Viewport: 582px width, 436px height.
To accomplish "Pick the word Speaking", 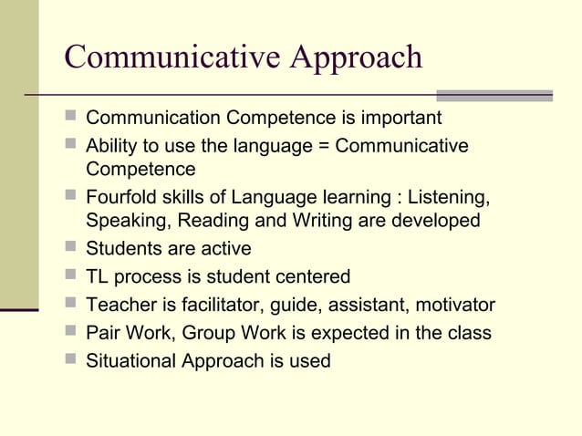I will pyautogui.click(x=124, y=221).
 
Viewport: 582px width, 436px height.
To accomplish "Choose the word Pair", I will pyautogui.click(x=102, y=333).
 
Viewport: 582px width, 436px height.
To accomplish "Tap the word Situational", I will pyautogui.click(x=130, y=361).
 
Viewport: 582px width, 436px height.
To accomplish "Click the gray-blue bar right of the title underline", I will pyautogui.click(x=494, y=95).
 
